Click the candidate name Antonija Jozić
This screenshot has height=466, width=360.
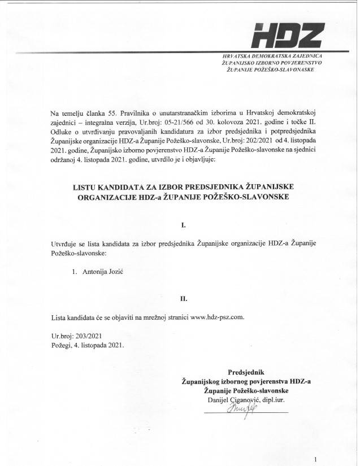[103, 272]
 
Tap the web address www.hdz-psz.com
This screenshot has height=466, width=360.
[217, 317]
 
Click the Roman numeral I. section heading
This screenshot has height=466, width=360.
[183, 225]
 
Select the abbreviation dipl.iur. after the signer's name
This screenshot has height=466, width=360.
[271, 400]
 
